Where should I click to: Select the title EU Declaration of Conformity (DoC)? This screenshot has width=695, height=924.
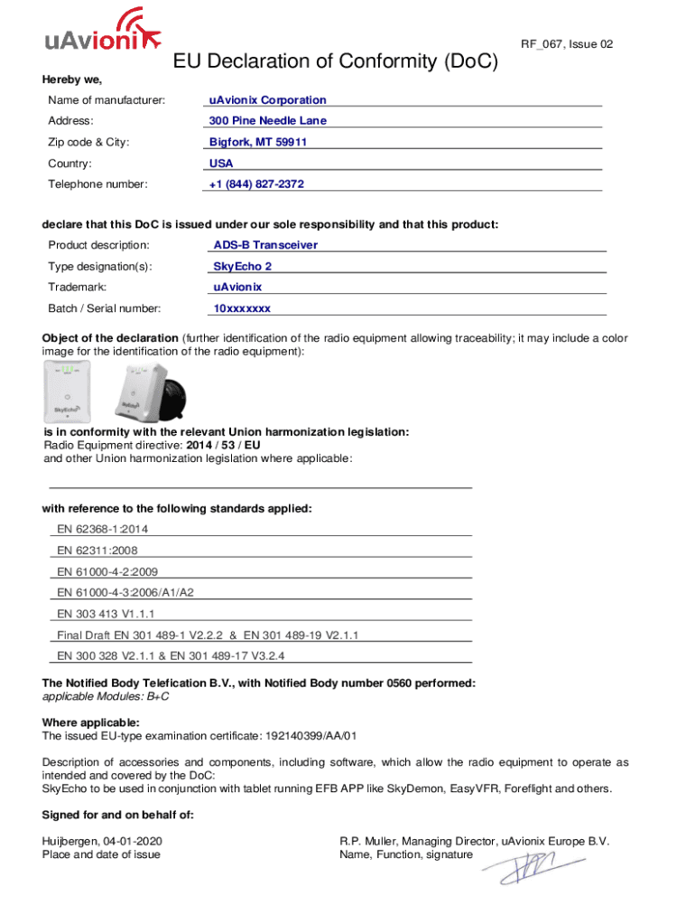(x=335, y=62)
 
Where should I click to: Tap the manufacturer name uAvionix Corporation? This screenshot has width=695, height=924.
(x=267, y=100)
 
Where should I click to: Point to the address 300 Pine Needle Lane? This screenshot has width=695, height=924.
(x=267, y=121)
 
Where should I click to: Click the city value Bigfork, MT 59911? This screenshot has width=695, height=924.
(x=258, y=143)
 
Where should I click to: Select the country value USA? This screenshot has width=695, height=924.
(x=221, y=163)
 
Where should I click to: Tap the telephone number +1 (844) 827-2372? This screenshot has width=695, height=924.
(x=256, y=184)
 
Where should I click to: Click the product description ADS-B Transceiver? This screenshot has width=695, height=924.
(x=265, y=245)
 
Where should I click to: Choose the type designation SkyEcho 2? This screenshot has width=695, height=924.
(x=242, y=266)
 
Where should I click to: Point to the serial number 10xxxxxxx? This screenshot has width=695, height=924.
(x=241, y=309)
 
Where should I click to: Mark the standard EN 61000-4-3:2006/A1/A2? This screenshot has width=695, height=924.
(x=125, y=592)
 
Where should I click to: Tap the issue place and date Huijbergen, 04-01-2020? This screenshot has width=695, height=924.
(x=102, y=841)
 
